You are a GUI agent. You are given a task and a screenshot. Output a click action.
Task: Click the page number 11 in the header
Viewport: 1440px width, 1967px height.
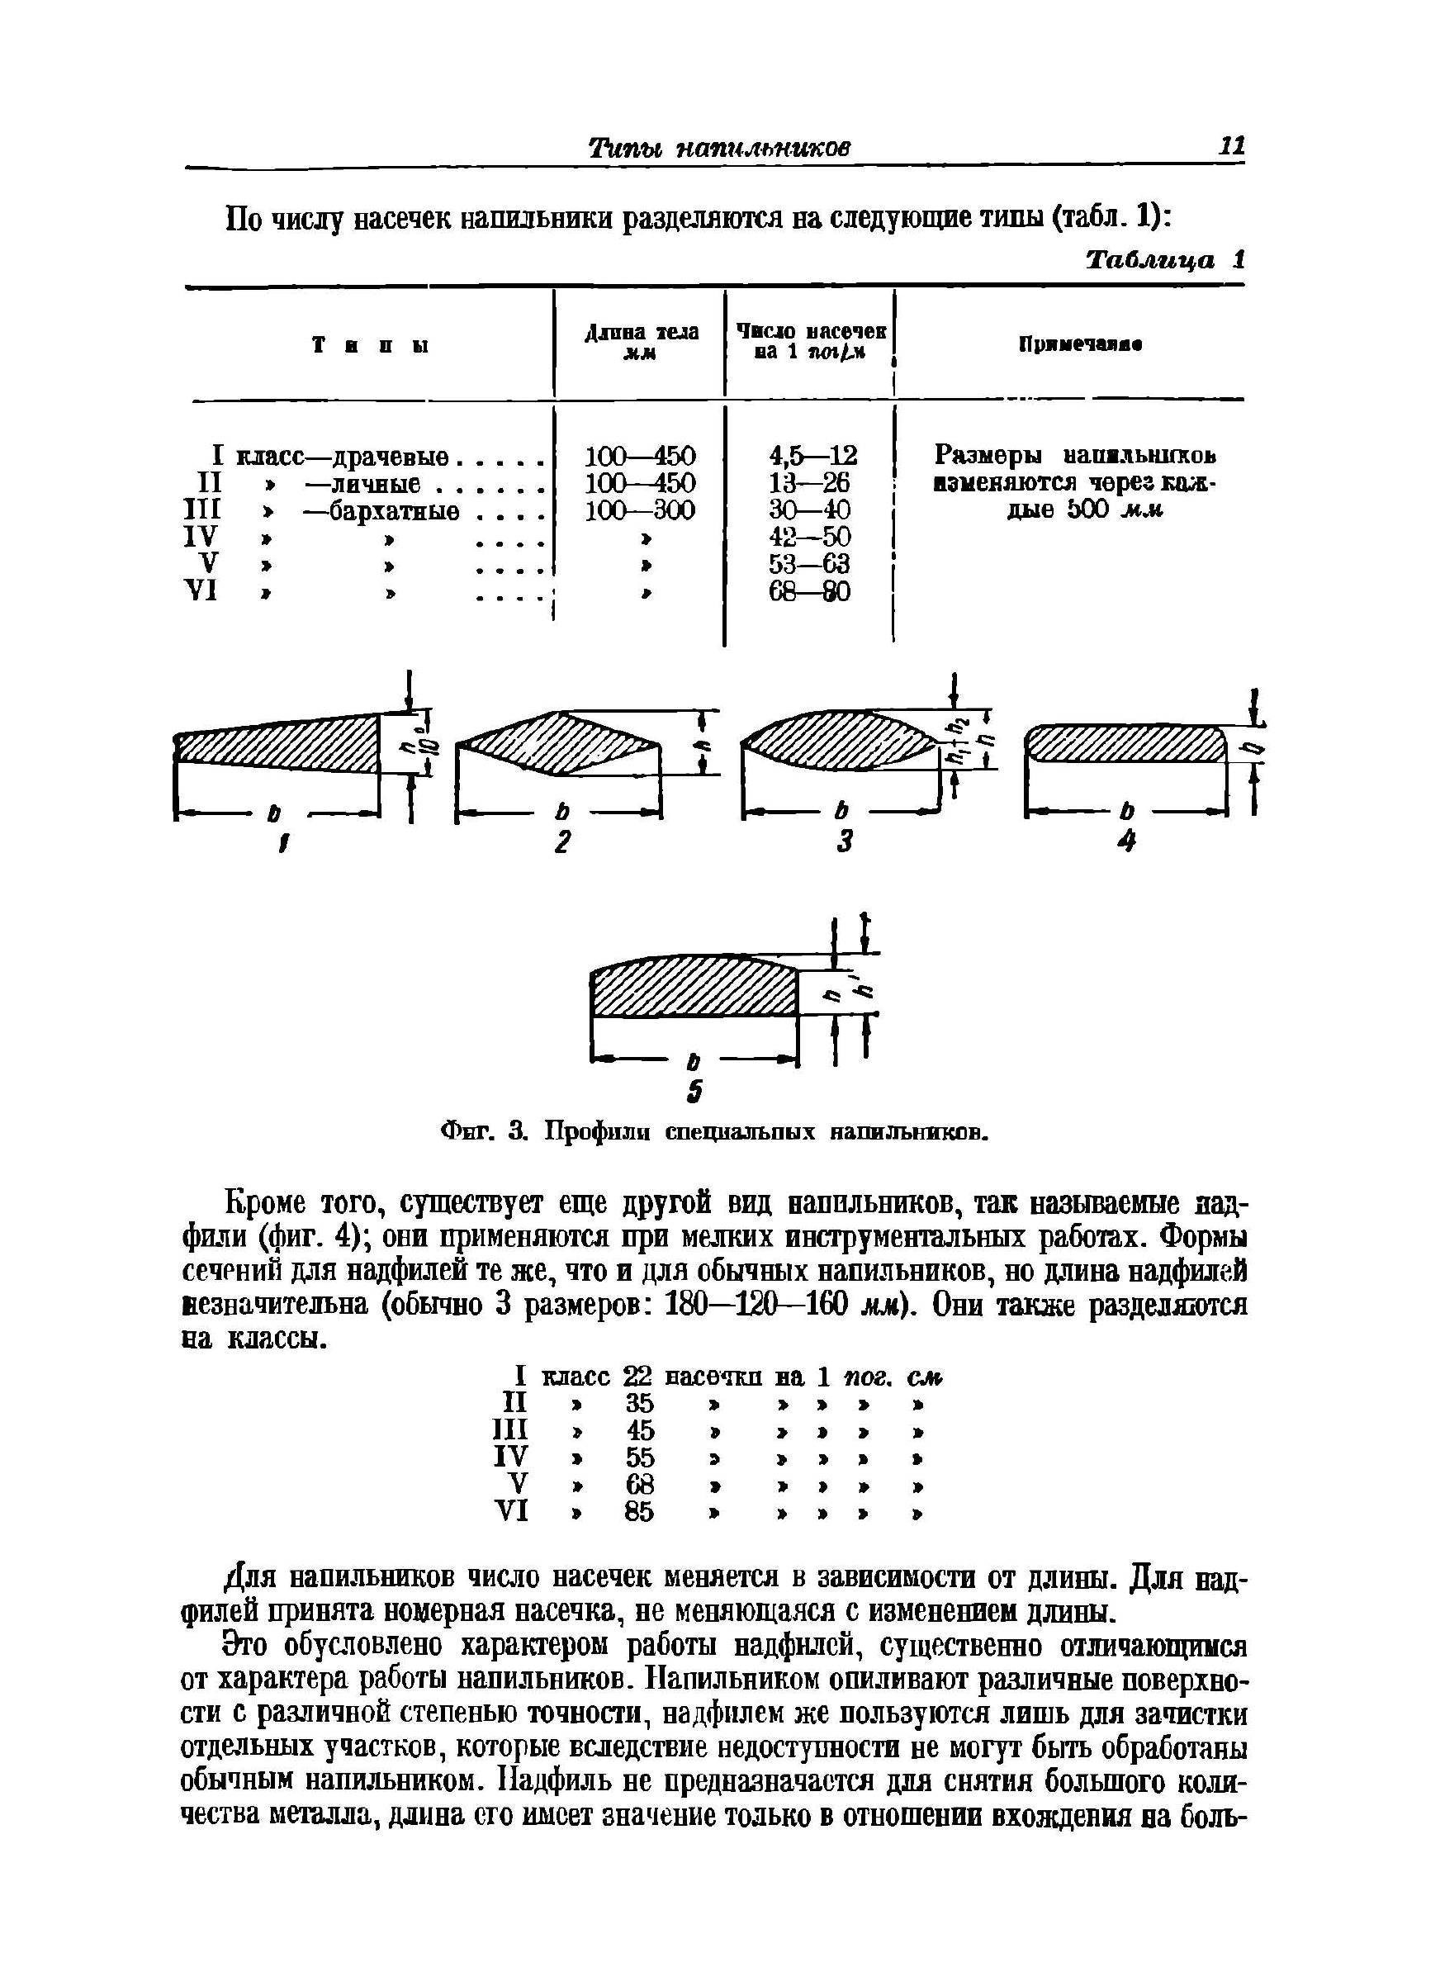pos(1231,145)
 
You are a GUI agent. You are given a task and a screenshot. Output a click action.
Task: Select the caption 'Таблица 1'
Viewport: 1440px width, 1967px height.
pos(1164,260)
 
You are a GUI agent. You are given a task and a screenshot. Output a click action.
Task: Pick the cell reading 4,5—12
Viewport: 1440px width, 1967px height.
pos(812,456)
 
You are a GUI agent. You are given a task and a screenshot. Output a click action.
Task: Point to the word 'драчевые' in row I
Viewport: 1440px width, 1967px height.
pos(392,456)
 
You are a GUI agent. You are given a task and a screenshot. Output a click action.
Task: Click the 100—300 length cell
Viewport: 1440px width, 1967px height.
pos(640,510)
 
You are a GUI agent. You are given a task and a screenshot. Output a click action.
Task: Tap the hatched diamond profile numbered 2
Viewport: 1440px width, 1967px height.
pos(558,742)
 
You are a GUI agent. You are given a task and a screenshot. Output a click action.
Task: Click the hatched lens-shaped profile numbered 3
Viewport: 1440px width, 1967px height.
pos(841,742)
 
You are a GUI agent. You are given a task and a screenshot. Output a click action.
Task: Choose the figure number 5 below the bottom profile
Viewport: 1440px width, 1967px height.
pos(694,1092)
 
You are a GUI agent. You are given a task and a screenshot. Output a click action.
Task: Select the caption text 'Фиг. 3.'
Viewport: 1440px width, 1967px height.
pos(481,1133)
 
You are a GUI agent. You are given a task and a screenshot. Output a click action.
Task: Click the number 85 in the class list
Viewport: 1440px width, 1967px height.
pos(639,1512)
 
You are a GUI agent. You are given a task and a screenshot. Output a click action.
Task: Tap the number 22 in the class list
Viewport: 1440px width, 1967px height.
pos(638,1377)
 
